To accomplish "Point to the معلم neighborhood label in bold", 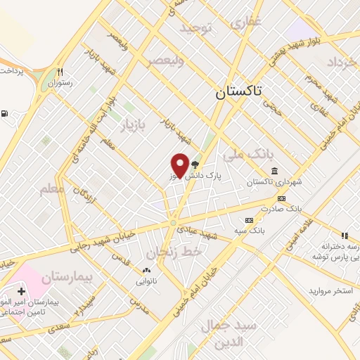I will (52, 188).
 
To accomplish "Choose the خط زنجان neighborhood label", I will (173, 250).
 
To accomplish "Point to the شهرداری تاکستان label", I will (269, 181).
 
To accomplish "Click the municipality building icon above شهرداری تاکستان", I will (274, 172).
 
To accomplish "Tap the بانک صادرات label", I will (264, 209).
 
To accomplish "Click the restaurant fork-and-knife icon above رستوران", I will (60, 72).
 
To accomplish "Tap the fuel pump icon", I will (6, 114).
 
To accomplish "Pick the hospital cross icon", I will (21, 290).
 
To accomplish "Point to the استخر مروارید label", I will (329, 290).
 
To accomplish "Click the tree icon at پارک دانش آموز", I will (195, 164).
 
